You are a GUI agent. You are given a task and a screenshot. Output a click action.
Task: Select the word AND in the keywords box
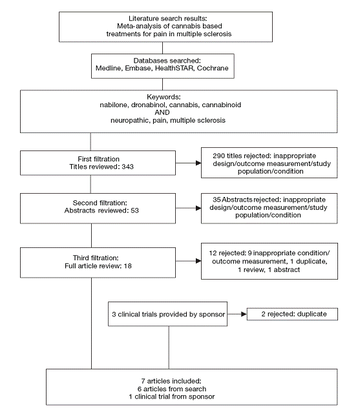pos(162,112)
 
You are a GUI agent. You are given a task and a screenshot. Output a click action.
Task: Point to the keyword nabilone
pos(114,105)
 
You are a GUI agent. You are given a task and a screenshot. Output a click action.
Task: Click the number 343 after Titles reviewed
pos(127,167)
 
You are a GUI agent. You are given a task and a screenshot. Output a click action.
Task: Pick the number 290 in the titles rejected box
pos(219,156)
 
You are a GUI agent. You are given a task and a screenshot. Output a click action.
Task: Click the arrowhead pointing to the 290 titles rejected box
pos(198,163)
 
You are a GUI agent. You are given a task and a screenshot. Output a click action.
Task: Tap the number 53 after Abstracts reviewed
pos(134,211)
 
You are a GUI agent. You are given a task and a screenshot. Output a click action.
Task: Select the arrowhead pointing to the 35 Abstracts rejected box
pos(198,208)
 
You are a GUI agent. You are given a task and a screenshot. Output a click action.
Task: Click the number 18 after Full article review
pos(127,266)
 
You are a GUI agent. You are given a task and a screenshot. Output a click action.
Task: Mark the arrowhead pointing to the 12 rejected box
pos(198,261)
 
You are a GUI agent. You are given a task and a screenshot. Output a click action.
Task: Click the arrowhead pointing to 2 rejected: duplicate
pos(244,314)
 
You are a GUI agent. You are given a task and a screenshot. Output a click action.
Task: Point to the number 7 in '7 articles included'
pos(143,381)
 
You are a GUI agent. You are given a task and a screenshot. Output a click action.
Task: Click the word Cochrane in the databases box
pos(213,68)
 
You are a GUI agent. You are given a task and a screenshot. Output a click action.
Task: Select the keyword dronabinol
pos(149,105)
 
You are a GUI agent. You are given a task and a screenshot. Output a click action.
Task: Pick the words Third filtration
pos(96,258)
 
